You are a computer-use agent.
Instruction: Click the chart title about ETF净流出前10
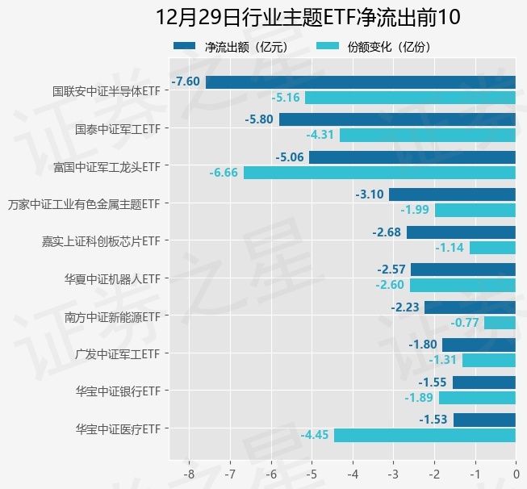point(307,18)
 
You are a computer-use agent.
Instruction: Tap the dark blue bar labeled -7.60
point(361,81)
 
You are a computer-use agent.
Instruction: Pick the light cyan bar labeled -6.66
point(379,173)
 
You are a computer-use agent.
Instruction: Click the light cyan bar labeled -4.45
point(425,435)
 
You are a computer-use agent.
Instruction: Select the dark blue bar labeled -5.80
point(397,119)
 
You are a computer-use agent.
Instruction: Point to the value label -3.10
point(369,194)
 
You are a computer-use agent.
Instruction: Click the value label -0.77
point(464,323)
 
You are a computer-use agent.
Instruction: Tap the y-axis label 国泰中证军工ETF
point(117,128)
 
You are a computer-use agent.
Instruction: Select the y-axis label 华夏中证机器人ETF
point(112,278)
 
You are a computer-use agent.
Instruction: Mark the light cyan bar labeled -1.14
point(492,248)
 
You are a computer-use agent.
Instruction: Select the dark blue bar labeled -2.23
point(470,307)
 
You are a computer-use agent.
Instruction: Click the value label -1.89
point(419,398)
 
